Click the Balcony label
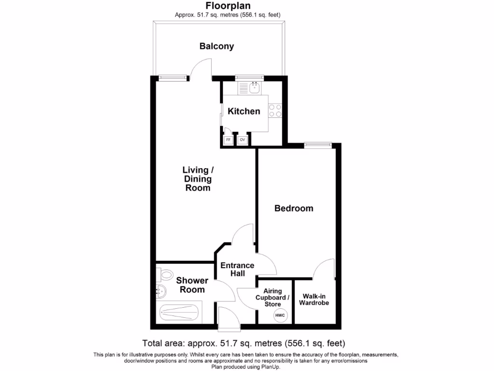tap(217, 46)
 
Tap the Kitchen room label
tap(244, 111)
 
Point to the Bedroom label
tap(294, 208)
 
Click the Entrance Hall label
tap(237, 270)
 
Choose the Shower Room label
tap(192, 285)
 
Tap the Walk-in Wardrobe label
tap(314, 300)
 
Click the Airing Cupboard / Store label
tap(273, 298)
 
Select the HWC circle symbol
tap(280, 315)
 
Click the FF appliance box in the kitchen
tap(228, 140)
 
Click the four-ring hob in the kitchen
tap(275, 111)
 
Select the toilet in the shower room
tap(165, 275)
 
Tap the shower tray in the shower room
tap(179, 313)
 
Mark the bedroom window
tap(318, 143)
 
